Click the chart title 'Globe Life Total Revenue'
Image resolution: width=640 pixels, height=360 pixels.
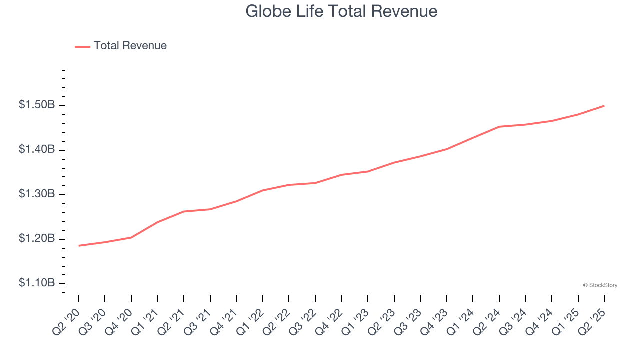341,11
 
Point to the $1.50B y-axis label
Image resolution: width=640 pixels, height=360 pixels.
37,105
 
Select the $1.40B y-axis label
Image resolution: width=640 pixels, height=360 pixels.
37,150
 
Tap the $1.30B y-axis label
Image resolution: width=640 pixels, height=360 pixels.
37,194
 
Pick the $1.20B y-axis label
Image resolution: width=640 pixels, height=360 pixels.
37,239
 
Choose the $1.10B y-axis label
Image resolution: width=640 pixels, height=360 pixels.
37,283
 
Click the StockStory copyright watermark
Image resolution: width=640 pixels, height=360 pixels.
600,285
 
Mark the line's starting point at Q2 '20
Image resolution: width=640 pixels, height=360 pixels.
79,246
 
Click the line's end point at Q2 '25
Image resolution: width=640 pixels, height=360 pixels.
604,106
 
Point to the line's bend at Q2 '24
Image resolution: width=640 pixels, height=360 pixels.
499,127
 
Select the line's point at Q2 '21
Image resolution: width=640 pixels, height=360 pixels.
184,211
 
